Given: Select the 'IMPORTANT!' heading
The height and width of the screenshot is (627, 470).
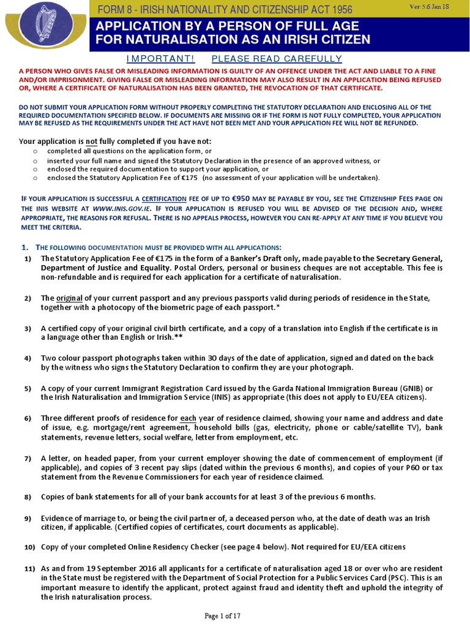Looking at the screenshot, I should point(160,59).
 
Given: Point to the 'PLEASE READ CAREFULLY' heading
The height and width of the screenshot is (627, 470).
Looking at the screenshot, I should point(276,59).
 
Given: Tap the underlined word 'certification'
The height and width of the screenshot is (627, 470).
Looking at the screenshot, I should point(164,199).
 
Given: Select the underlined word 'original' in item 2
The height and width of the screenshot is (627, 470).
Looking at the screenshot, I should point(69,298).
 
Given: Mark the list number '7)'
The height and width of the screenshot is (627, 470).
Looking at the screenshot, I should point(28,458).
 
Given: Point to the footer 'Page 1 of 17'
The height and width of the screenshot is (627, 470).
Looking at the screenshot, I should point(235,615).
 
